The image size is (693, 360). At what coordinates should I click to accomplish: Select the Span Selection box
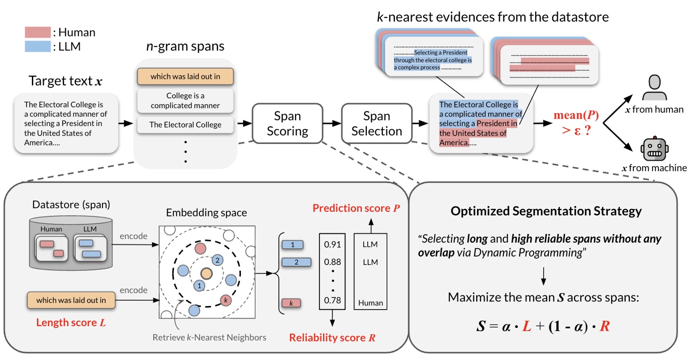click(x=377, y=123)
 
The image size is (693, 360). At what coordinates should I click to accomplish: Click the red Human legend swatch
click(x=37, y=33)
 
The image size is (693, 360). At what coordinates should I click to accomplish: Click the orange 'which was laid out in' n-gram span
click(x=185, y=77)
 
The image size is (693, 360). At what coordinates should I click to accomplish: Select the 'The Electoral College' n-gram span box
click(x=185, y=124)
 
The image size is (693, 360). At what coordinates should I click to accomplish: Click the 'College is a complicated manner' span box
click(x=185, y=101)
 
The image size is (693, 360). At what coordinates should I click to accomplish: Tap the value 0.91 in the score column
click(x=333, y=245)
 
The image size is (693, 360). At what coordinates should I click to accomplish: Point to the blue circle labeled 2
click(x=217, y=260)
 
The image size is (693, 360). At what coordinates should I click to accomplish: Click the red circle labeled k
click(x=226, y=300)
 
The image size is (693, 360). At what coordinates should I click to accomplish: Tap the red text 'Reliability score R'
click(x=332, y=338)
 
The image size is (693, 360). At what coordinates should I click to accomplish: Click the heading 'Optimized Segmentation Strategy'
click(x=546, y=212)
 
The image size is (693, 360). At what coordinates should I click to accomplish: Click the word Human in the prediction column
click(x=370, y=303)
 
